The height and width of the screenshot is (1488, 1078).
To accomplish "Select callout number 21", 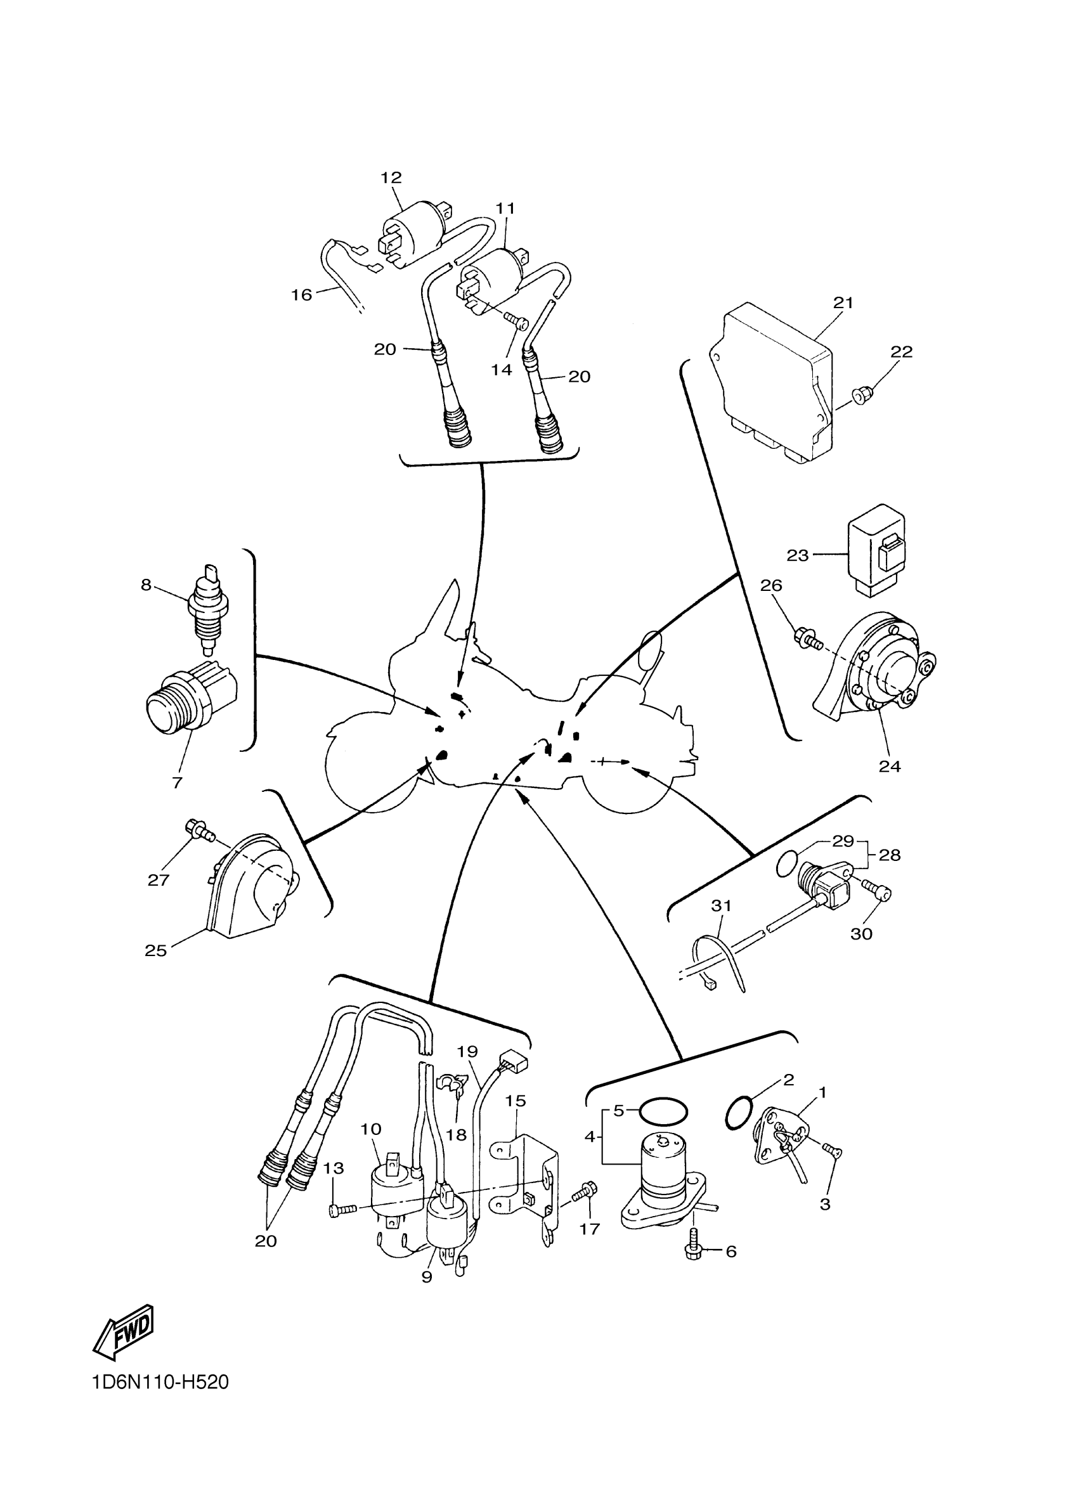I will tap(843, 303).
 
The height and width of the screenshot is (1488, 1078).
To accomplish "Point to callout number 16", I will tap(301, 295).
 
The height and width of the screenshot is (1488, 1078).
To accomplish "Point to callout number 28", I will tap(890, 855).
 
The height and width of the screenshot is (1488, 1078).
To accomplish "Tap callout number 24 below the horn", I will tap(890, 766).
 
